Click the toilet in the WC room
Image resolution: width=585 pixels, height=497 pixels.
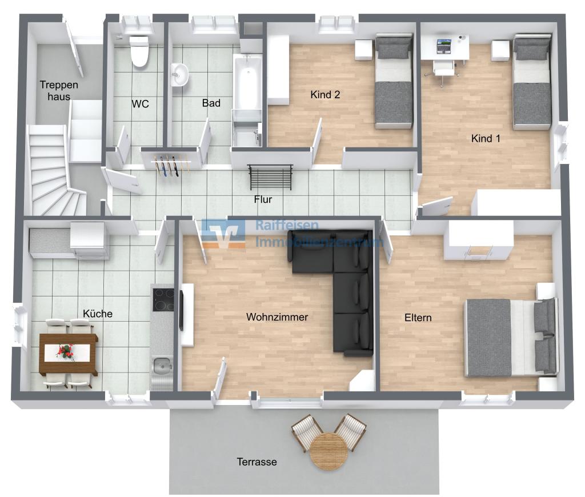click(139, 51)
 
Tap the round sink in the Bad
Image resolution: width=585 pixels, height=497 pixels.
click(179, 74)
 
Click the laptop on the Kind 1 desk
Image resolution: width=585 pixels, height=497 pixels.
click(443, 47)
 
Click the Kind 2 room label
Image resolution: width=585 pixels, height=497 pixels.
click(325, 95)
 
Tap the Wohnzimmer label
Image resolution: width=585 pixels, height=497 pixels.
click(277, 317)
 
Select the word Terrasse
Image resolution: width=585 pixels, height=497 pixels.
click(257, 462)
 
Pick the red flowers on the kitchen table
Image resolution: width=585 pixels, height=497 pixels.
click(66, 351)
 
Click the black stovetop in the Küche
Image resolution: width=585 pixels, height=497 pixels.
click(163, 299)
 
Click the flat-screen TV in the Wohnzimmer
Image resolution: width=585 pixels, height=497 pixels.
click(181, 310)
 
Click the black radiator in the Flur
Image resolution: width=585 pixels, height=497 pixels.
click(270, 177)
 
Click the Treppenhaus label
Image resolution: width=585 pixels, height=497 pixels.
click(59, 91)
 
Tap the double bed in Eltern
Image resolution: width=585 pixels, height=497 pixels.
click(511, 337)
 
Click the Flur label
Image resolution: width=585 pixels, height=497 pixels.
click(263, 199)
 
